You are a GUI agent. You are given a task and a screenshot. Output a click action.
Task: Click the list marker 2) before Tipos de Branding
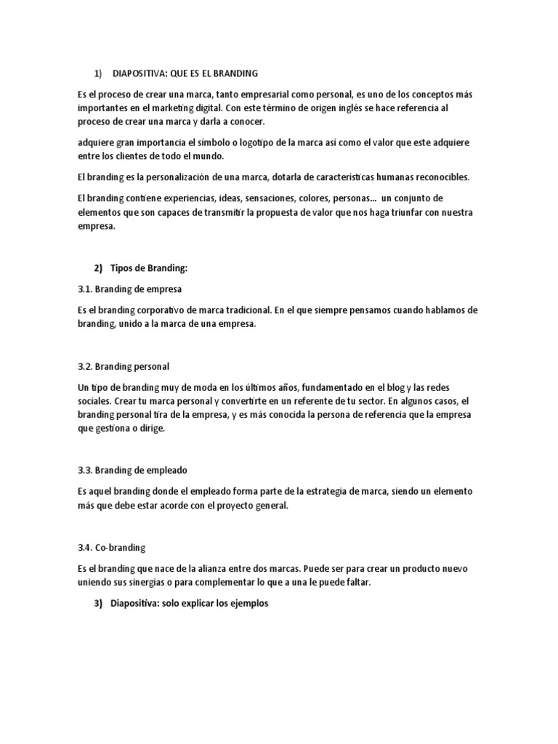click(x=98, y=269)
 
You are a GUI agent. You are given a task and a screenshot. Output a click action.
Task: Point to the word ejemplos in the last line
click(x=248, y=602)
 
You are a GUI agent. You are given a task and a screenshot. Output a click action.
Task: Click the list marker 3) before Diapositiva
click(x=98, y=602)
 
